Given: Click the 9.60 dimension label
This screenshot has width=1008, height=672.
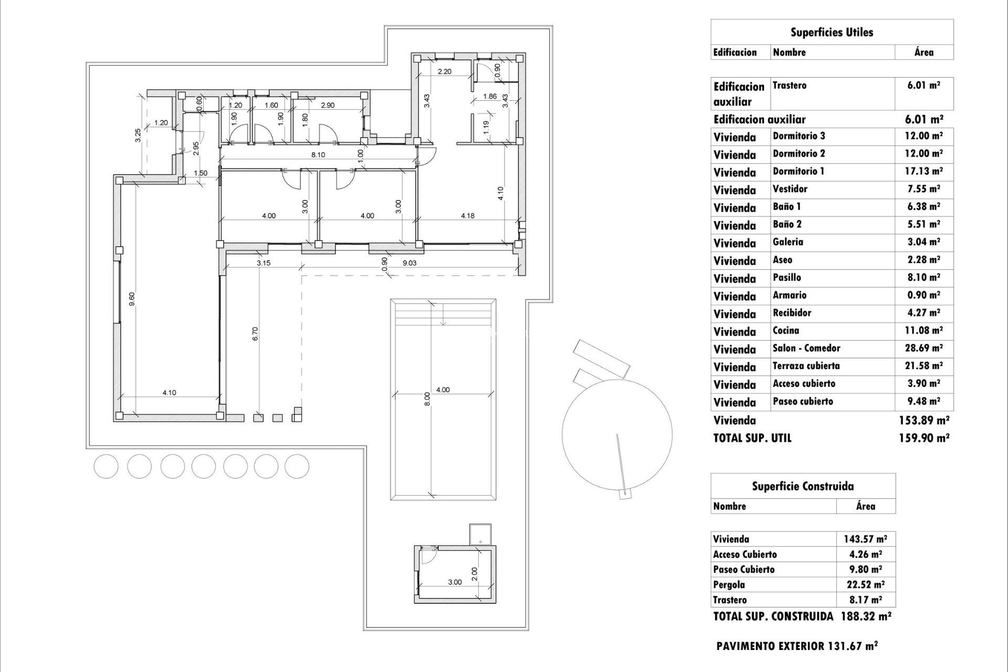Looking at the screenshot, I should coord(132,299).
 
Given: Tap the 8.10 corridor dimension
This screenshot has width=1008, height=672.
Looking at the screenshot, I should coord(318,155).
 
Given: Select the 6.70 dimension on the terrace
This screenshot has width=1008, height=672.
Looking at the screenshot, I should coord(255,334).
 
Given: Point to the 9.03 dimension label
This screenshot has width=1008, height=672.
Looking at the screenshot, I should coord(409,263).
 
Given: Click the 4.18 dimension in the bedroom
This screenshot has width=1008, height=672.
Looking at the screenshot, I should coord(467,215).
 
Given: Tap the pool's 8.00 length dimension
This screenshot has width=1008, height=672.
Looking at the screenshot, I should coord(427,399).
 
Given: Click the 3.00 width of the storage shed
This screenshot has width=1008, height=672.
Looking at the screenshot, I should coord(455,582).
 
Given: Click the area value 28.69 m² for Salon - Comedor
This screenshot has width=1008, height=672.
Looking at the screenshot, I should coord(923,349).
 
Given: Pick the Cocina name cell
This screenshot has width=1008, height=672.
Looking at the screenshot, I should coord(785,331).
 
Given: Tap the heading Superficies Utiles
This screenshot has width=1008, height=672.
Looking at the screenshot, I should coord(832,33).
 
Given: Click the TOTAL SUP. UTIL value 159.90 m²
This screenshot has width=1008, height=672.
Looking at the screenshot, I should coord(923,438).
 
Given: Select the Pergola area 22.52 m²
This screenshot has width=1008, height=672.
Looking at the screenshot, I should coord(865,584).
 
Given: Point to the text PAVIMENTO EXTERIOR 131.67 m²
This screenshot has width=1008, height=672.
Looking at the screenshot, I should coord(796,646).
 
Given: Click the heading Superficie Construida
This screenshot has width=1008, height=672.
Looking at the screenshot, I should coord(802,486).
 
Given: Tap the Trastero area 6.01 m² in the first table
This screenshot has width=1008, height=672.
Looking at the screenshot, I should coord(923,85).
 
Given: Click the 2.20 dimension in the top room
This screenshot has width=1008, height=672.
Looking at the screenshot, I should coord(444,71).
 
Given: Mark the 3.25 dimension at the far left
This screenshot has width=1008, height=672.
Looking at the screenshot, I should coord(138,135).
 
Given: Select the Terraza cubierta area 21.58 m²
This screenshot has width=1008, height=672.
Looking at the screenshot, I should coord(923,366).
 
